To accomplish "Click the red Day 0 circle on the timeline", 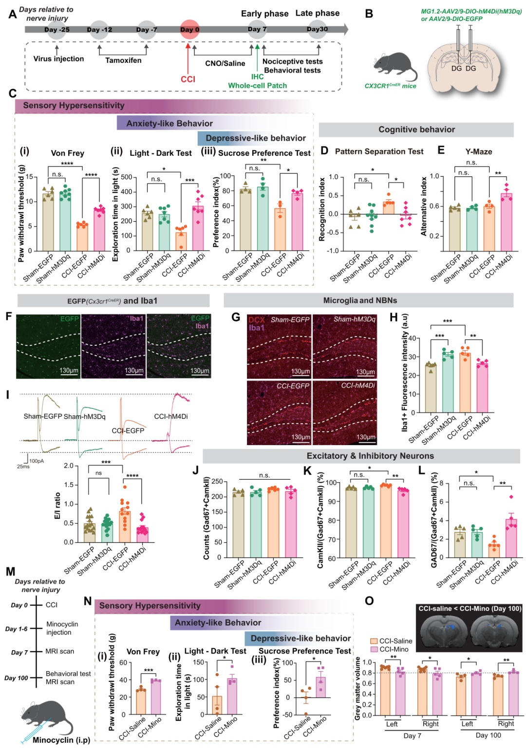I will tap(189, 29).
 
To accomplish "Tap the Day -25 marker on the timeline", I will tap(57, 29).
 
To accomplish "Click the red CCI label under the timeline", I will tap(188, 79).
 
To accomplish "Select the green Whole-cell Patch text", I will tap(257, 86).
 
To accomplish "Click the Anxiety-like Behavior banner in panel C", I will tap(169, 123).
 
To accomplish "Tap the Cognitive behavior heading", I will tap(416, 130).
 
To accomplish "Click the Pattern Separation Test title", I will tap(379, 151).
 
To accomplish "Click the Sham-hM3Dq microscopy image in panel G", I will tap(344, 347).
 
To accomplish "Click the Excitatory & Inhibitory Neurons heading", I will tap(370, 456).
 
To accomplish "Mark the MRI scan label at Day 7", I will tap(60, 651).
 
